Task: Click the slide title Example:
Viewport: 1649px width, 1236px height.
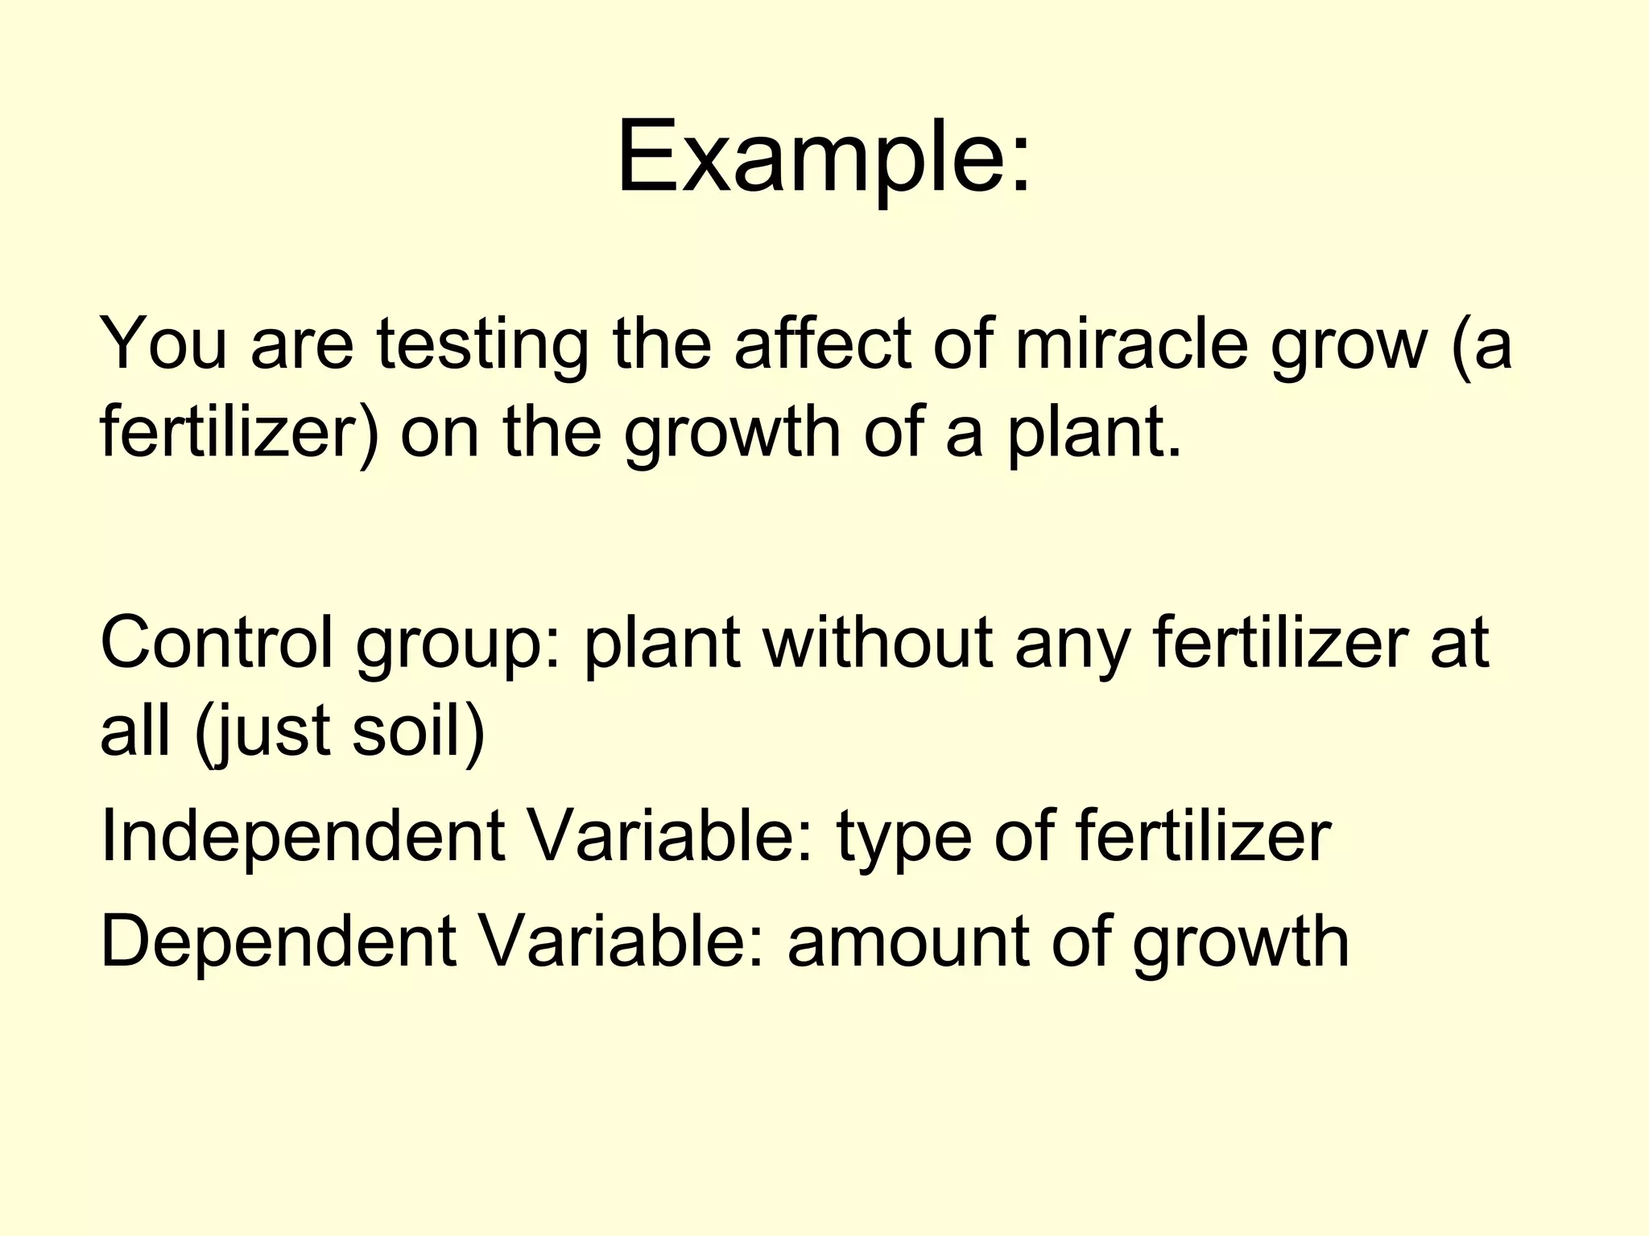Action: [823, 157]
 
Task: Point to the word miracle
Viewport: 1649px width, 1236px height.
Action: [1131, 344]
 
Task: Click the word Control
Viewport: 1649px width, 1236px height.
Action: [216, 642]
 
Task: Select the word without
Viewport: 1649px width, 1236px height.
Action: [878, 642]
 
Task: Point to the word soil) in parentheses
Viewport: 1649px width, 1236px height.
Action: [419, 730]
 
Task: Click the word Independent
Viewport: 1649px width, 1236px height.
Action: [303, 837]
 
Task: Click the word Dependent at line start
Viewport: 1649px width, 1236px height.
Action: [279, 941]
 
